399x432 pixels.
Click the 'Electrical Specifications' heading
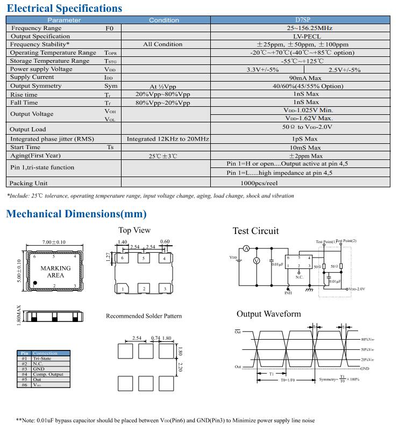tap(64, 8)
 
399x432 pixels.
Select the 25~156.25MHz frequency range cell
tap(309, 28)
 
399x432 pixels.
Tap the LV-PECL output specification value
tap(309, 36)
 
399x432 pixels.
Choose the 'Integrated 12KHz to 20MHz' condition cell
tap(168, 139)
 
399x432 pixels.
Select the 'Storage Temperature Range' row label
tap(49, 61)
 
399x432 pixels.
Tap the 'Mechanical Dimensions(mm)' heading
tap(76, 214)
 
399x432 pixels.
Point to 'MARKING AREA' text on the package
tap(55, 272)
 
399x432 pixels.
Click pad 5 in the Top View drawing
tap(143, 259)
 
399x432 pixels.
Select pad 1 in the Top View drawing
tap(123, 289)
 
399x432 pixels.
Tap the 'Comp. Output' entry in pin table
tap(48, 374)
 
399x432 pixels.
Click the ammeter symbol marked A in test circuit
tap(245, 248)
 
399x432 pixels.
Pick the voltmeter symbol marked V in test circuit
tap(256, 260)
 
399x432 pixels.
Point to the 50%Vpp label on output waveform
tap(368, 349)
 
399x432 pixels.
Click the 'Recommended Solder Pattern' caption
tap(144, 316)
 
